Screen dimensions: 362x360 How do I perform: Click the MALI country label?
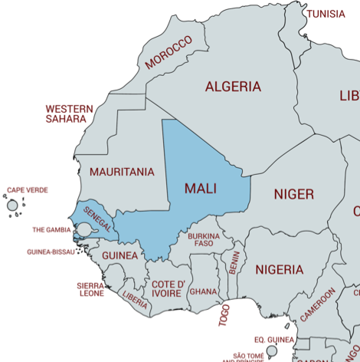click(201, 188)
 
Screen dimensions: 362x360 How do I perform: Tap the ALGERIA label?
click(233, 86)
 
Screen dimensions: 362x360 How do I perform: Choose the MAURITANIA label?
click(122, 172)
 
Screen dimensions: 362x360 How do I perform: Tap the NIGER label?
click(294, 194)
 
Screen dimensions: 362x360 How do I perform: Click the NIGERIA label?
click(280, 270)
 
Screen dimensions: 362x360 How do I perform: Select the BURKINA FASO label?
click(204, 240)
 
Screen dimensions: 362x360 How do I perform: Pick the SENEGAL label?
click(98, 219)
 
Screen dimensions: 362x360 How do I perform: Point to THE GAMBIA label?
click(51, 229)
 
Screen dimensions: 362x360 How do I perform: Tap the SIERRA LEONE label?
click(90, 289)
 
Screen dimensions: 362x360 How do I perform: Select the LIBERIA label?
click(135, 300)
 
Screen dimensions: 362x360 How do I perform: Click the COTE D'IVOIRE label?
click(169, 288)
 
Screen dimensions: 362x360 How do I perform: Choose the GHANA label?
click(203, 291)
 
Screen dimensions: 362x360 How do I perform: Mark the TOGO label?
click(224, 314)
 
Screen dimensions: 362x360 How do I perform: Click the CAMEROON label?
click(318, 304)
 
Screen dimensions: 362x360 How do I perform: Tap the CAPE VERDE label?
click(28, 189)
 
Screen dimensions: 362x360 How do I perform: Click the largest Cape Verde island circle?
click(12, 205)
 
